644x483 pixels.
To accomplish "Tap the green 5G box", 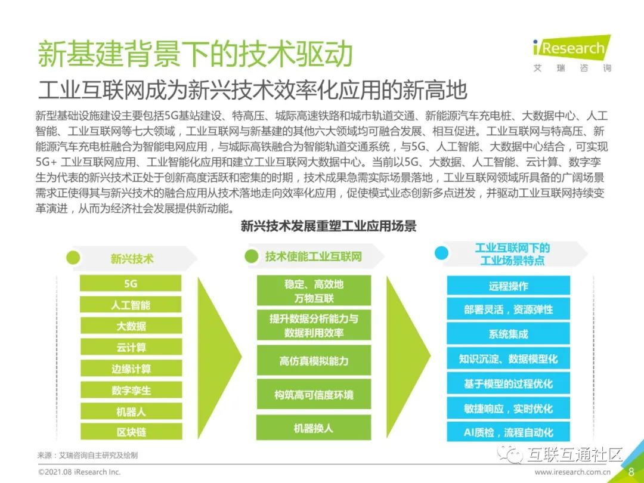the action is click(x=131, y=283).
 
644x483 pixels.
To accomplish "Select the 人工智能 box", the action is click(x=131, y=305).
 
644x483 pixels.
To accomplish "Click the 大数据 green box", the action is click(x=131, y=326).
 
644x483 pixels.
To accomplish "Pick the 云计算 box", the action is click(x=131, y=347).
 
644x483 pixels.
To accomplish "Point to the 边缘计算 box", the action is click(x=131, y=369).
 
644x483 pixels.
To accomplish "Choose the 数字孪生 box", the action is click(x=131, y=390).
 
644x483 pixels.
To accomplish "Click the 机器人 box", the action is click(x=131, y=411).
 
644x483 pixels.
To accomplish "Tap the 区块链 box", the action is click(x=131, y=432).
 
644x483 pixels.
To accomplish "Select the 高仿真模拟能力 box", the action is click(x=314, y=361).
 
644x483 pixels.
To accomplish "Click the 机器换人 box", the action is click(x=314, y=428).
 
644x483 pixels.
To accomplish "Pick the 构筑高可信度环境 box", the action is click(x=314, y=395).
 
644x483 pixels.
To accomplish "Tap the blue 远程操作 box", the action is click(x=508, y=286).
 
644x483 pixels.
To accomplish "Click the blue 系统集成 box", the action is click(x=508, y=334).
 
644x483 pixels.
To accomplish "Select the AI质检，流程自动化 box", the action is click(x=508, y=432).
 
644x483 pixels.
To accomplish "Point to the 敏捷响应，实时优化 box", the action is click(x=508, y=408).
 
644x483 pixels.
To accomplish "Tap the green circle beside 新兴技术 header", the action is click(x=73, y=258).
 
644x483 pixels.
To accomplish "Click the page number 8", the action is click(x=631, y=471).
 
